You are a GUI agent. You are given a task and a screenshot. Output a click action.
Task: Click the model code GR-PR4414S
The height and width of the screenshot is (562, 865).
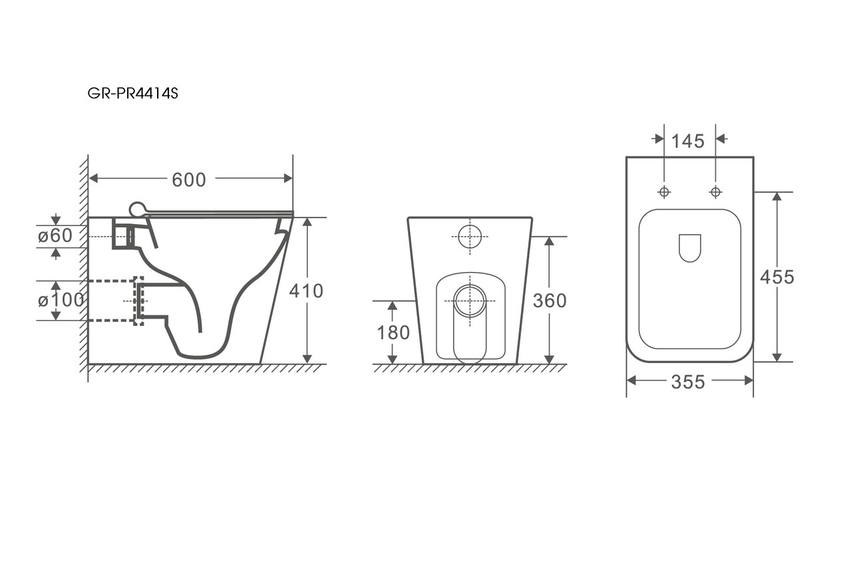click(x=133, y=93)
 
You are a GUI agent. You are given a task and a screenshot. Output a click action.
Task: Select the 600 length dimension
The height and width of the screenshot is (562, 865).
click(x=188, y=180)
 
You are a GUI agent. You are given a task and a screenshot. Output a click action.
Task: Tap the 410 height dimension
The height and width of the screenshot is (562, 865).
click(x=306, y=291)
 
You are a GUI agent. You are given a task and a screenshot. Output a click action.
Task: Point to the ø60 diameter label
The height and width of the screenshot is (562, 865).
click(x=55, y=235)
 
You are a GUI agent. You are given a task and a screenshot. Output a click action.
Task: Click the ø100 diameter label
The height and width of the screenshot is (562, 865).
click(x=61, y=300)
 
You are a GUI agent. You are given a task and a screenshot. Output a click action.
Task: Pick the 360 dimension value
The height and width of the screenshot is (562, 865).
click(x=550, y=301)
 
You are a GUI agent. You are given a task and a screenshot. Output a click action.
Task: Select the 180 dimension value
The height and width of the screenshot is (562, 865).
click(x=393, y=333)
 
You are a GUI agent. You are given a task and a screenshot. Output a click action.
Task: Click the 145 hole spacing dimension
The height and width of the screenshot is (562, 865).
click(x=688, y=141)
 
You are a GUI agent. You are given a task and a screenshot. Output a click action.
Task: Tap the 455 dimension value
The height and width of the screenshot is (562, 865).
click(x=777, y=277)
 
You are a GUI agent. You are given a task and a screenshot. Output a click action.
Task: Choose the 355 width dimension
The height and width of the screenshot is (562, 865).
click(x=688, y=382)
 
